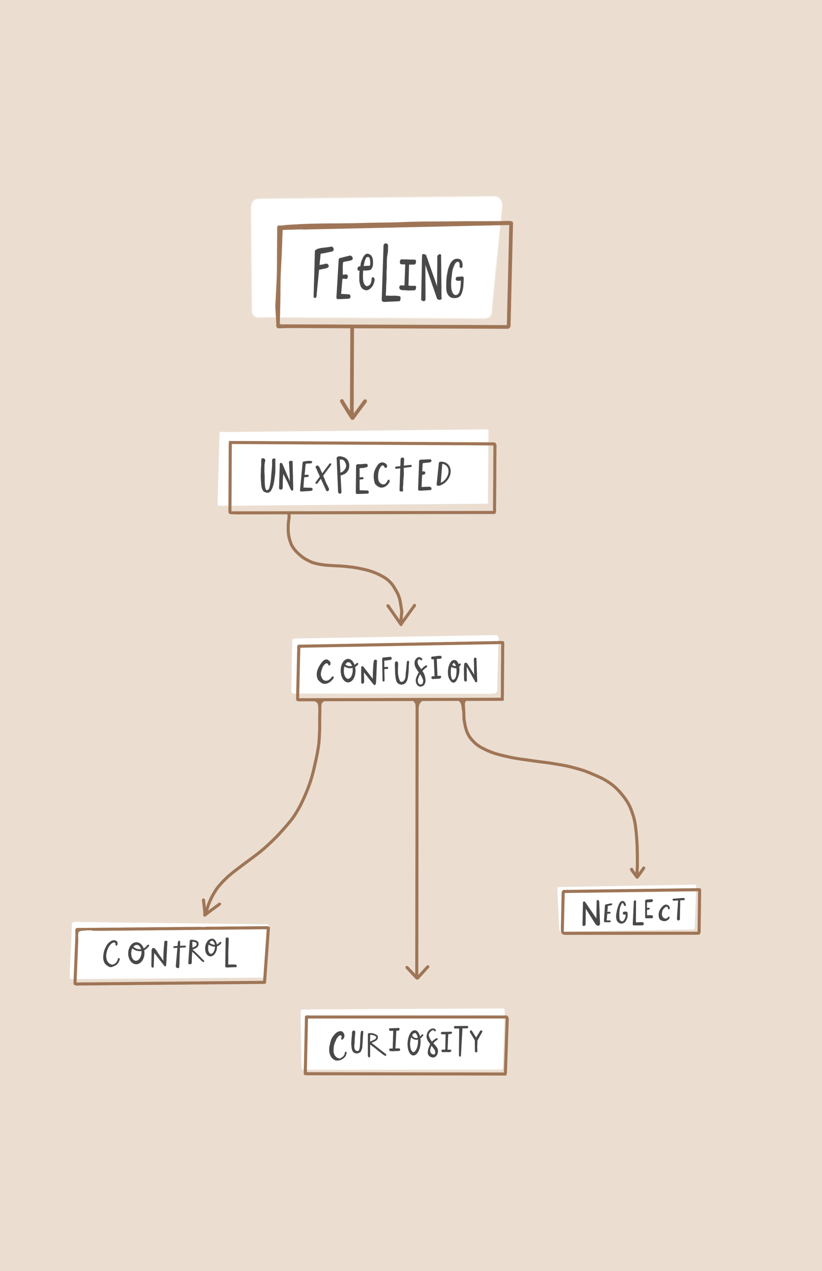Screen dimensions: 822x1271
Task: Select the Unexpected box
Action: coord(362,477)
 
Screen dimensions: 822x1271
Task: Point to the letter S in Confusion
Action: coord(421,671)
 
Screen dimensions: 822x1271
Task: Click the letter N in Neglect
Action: coord(591,913)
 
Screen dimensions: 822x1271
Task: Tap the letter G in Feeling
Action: coord(455,278)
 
